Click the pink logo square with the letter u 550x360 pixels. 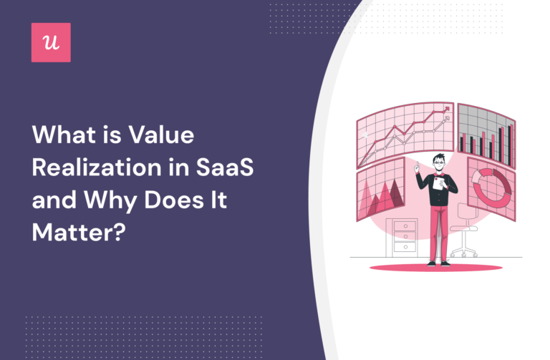[51, 42]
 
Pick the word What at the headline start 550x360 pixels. [59, 135]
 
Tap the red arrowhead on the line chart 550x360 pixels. [447, 110]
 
